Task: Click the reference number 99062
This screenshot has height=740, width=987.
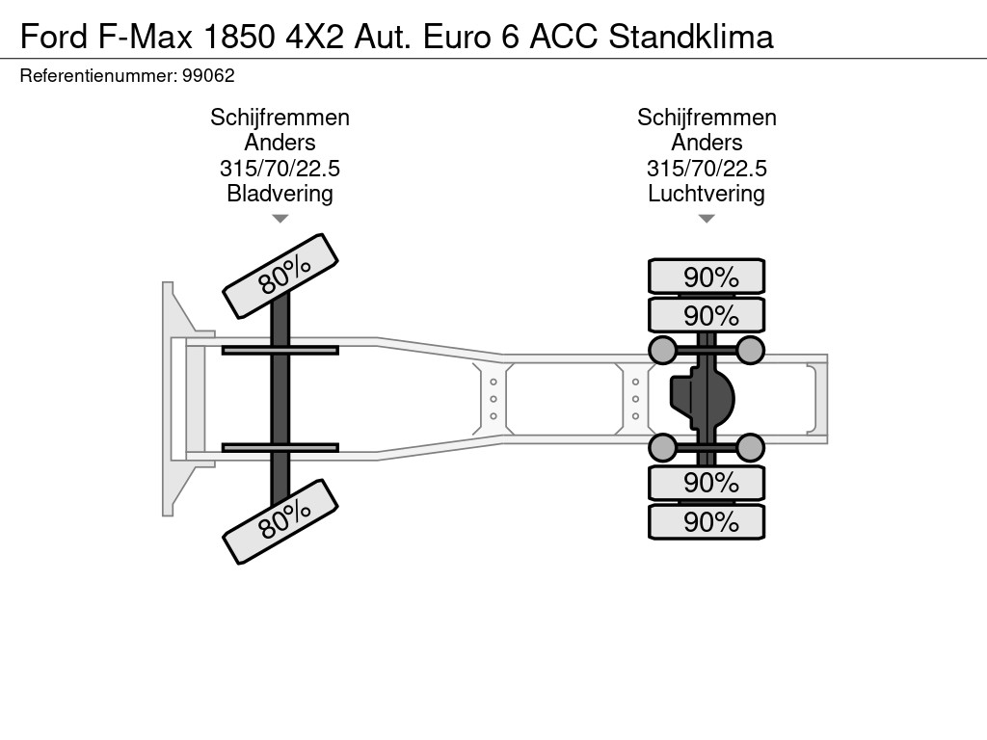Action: point(208,76)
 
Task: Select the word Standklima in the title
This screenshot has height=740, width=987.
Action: point(690,36)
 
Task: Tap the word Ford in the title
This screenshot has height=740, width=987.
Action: point(54,36)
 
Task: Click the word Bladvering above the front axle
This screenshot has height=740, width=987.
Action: point(280,193)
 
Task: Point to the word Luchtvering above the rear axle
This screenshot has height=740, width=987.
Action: point(707,193)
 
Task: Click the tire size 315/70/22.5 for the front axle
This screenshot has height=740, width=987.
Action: point(280,168)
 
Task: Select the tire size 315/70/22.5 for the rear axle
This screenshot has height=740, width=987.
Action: point(707,168)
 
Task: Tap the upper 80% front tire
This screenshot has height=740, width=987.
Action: point(280,277)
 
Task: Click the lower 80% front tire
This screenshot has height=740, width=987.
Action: point(280,521)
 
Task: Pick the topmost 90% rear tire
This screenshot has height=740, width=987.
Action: point(707,277)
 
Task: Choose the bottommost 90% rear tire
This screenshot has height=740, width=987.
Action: point(707,521)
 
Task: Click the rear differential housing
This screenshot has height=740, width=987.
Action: point(702,398)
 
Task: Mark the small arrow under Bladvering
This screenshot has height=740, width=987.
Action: point(280,219)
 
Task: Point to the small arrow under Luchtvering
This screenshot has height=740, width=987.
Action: point(707,219)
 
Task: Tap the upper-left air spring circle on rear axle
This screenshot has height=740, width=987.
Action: point(662,350)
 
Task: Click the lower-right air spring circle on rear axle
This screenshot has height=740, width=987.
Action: point(750,447)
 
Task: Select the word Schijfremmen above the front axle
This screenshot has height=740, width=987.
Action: point(280,117)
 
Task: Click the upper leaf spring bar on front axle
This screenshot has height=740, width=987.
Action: point(280,351)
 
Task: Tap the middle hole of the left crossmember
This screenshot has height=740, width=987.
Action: point(493,399)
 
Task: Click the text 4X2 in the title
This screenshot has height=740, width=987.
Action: point(315,36)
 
